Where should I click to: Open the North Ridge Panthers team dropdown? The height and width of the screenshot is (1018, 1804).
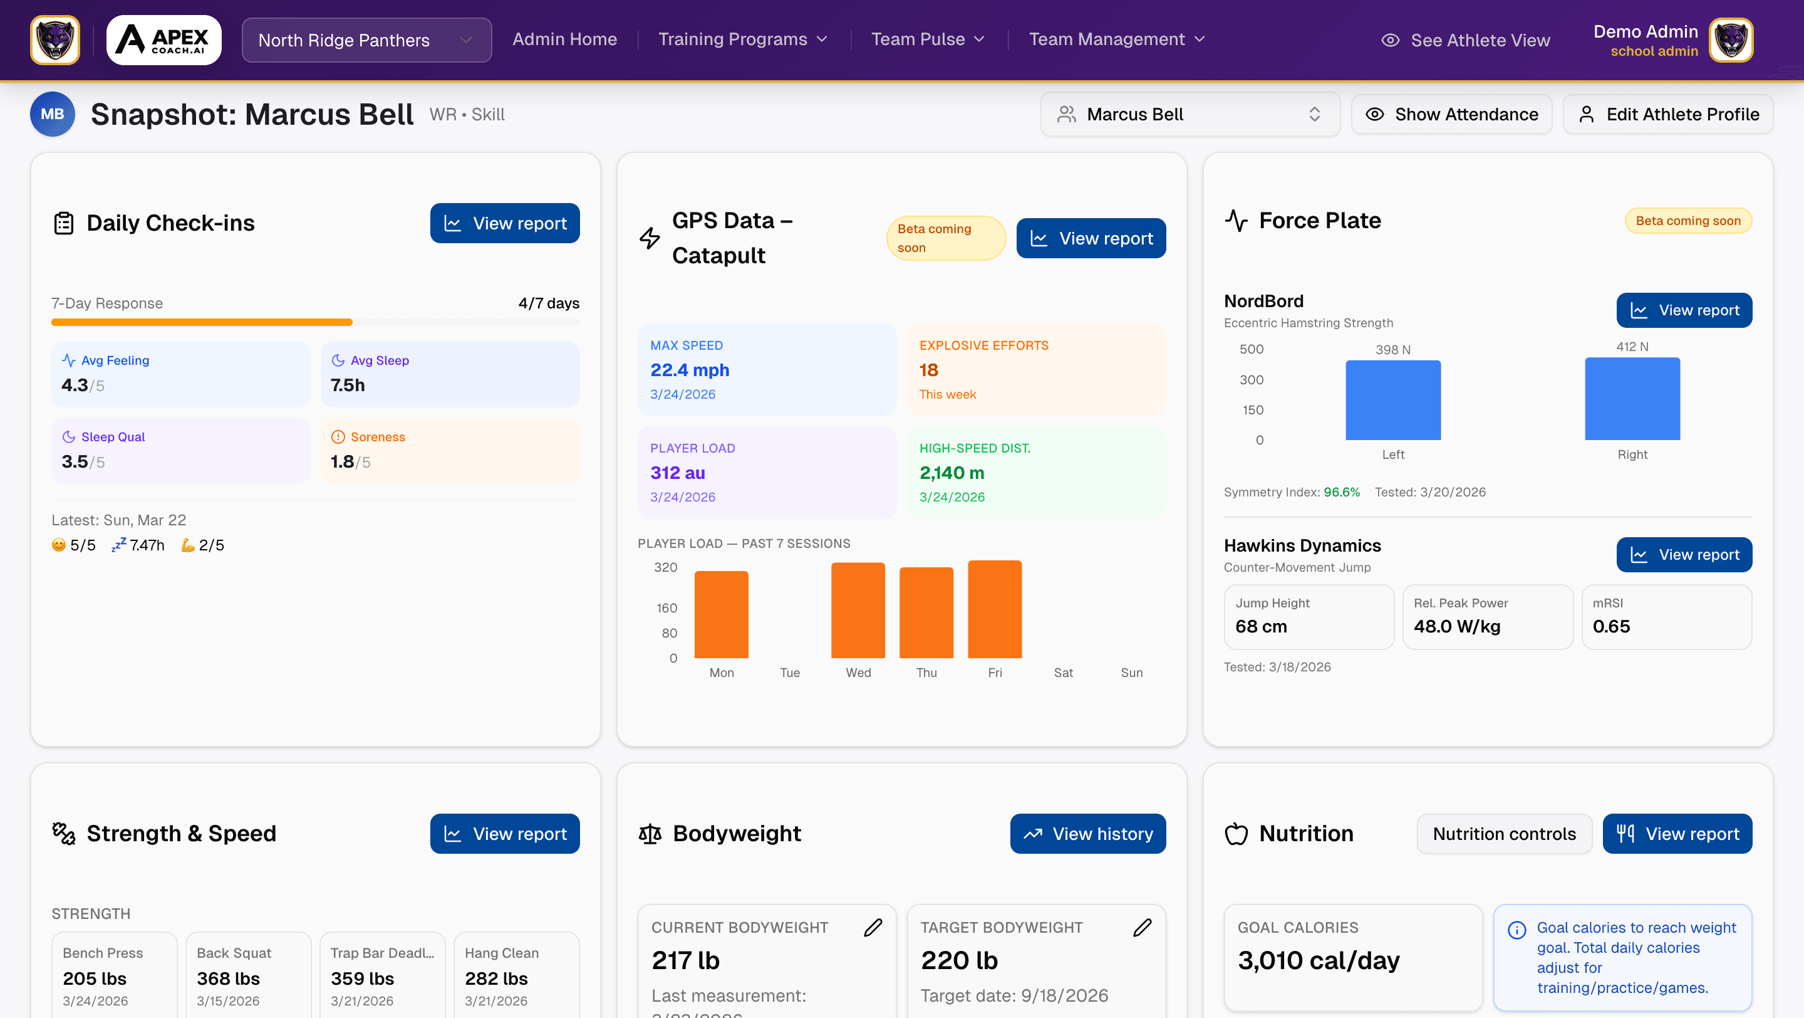pyautogui.click(x=366, y=40)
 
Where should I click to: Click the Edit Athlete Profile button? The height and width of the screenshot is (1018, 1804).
pyautogui.click(x=1667, y=114)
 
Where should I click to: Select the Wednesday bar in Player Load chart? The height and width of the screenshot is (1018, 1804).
pyautogui.click(x=858, y=609)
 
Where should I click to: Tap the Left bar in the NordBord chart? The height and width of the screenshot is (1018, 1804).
pyautogui.click(x=1393, y=400)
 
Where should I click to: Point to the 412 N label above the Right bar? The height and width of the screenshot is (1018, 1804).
pyautogui.click(x=1632, y=347)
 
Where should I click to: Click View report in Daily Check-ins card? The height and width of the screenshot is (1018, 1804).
pyautogui.click(x=505, y=224)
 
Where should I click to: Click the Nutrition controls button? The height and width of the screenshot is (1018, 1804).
pyautogui.click(x=1503, y=834)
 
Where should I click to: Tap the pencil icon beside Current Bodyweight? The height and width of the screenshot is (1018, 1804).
pyautogui.click(x=873, y=928)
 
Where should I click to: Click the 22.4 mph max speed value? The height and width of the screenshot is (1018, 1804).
pyautogui.click(x=690, y=370)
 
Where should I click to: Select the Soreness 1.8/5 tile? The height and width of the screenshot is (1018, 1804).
pyautogui.click(x=450, y=451)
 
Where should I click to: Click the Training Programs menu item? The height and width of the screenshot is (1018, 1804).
pyautogui.click(x=742, y=39)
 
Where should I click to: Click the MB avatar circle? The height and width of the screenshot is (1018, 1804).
pyautogui.click(x=53, y=114)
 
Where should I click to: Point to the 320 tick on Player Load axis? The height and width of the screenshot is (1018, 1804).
pyautogui.click(x=665, y=567)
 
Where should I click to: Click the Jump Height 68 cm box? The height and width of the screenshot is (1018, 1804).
pyautogui.click(x=1308, y=617)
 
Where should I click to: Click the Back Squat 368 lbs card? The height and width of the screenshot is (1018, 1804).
pyautogui.click(x=248, y=976)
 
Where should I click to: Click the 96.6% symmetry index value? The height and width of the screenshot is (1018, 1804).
pyautogui.click(x=1341, y=492)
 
